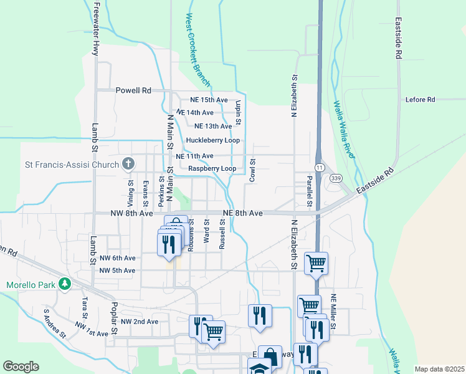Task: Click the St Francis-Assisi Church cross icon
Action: tap(128, 165)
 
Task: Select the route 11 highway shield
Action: tap(320, 168)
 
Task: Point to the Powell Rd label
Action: tap(133, 90)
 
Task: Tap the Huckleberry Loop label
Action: tap(212, 140)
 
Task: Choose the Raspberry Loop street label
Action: tap(212, 168)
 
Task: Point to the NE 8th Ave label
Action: tap(242, 213)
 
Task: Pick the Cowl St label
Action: tap(253, 170)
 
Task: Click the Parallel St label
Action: tap(308, 188)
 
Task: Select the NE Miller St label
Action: tap(334, 312)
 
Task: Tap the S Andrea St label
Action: tap(55, 323)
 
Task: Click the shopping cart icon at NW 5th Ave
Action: tap(316, 263)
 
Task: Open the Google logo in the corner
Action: tap(21, 367)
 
